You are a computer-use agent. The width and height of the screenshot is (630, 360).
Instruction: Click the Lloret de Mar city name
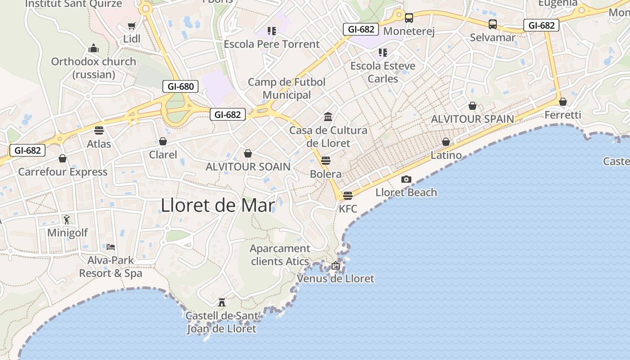pyautogui.click(x=218, y=205)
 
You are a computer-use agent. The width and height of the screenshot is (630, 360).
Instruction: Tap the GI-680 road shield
pyautogui.click(x=180, y=86)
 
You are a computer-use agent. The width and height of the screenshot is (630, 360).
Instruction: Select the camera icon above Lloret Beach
pyautogui.click(x=406, y=179)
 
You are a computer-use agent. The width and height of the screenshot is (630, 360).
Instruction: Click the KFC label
pyautogui.click(x=348, y=209)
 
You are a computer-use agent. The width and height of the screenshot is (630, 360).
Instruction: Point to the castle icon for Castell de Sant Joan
pyautogui.click(x=221, y=301)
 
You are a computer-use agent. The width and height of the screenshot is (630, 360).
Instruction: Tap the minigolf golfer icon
pyautogui.click(x=67, y=220)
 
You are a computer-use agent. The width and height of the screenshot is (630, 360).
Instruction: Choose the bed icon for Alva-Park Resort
pyautogui.click(x=111, y=247)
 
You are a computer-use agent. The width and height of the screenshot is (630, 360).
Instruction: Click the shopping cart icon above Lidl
pyautogui.click(x=131, y=26)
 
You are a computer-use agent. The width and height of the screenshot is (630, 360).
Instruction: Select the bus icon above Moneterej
pyautogui.click(x=409, y=18)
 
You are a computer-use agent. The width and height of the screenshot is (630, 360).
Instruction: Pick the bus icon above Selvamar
pyautogui.click(x=493, y=24)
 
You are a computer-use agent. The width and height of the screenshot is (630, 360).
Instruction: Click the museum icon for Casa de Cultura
pyautogui.click(x=328, y=117)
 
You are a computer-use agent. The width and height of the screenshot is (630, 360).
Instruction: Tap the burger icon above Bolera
pyautogui.click(x=326, y=161)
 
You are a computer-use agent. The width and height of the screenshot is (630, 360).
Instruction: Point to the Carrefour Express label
pyautogui.click(x=63, y=172)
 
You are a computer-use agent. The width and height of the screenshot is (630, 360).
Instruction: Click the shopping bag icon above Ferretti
pyautogui.click(x=562, y=101)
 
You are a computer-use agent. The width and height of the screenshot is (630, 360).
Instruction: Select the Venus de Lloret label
pyautogui.click(x=335, y=279)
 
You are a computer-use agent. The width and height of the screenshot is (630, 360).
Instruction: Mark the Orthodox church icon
pyautogui.click(x=94, y=48)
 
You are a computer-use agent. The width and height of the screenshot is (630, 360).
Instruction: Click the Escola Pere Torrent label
pyautogui.click(x=271, y=44)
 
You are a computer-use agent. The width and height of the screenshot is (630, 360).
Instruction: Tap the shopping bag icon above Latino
pyautogui.click(x=446, y=142)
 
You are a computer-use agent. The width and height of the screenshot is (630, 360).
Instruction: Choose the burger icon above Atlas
pyautogui.click(x=99, y=130)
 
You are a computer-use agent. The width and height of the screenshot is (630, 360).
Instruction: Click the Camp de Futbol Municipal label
pyautogui.click(x=287, y=89)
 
